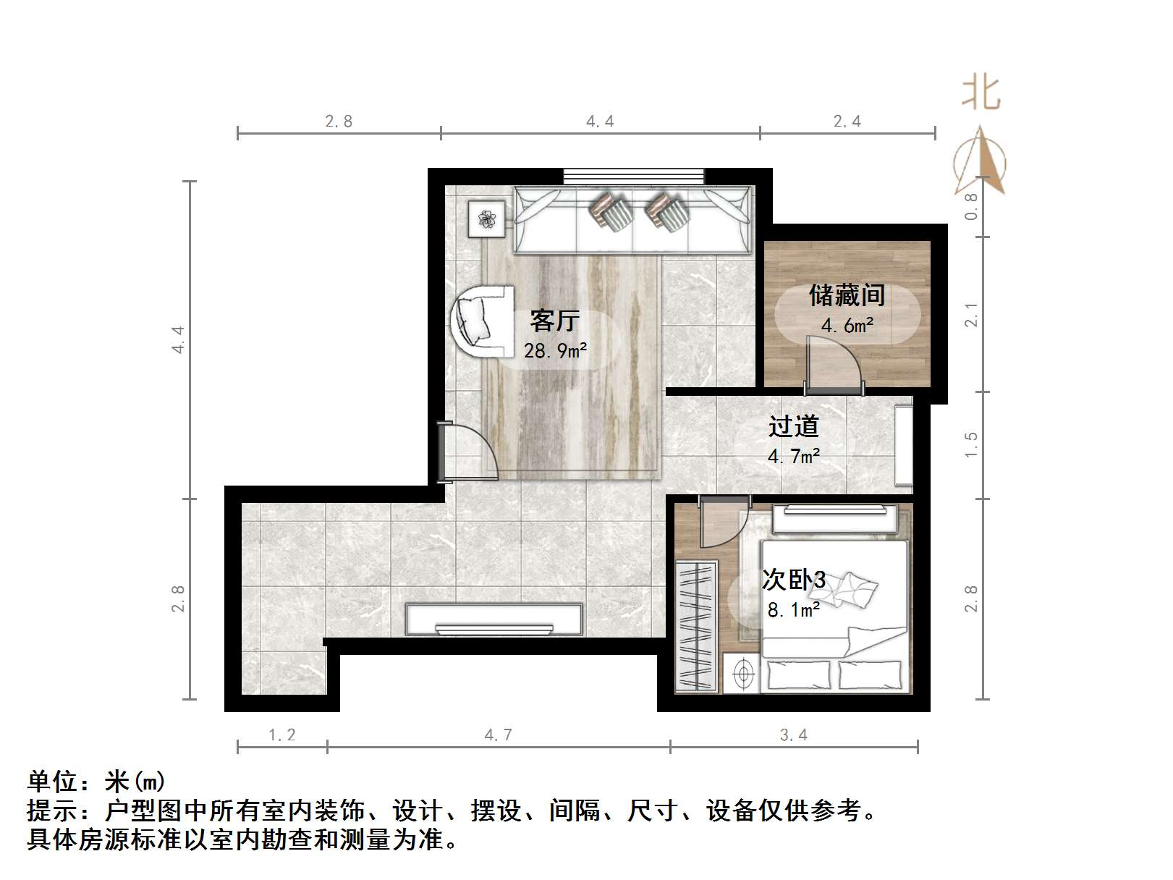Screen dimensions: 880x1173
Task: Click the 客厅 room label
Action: click(x=554, y=321)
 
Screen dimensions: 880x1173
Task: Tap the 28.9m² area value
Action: click(x=555, y=351)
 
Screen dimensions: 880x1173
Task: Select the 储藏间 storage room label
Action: click(x=847, y=295)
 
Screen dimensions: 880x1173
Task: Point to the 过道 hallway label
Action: click(x=793, y=426)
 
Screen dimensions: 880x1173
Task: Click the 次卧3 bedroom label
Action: click(x=793, y=580)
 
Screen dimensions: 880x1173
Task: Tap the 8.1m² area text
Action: click(x=793, y=610)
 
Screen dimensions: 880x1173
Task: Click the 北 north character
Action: click(x=981, y=93)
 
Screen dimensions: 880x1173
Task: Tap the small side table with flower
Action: click(x=486, y=218)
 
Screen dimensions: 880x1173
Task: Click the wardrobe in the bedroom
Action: click(x=696, y=625)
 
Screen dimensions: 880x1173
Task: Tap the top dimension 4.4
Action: click(x=600, y=122)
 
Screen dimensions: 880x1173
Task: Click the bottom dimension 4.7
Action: click(x=498, y=735)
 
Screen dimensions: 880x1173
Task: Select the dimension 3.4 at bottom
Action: click(x=793, y=735)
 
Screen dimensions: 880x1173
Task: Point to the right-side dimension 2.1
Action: click(x=971, y=315)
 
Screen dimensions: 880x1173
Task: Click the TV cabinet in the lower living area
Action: click(x=494, y=619)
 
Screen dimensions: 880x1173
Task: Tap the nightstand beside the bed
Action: click(x=742, y=674)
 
